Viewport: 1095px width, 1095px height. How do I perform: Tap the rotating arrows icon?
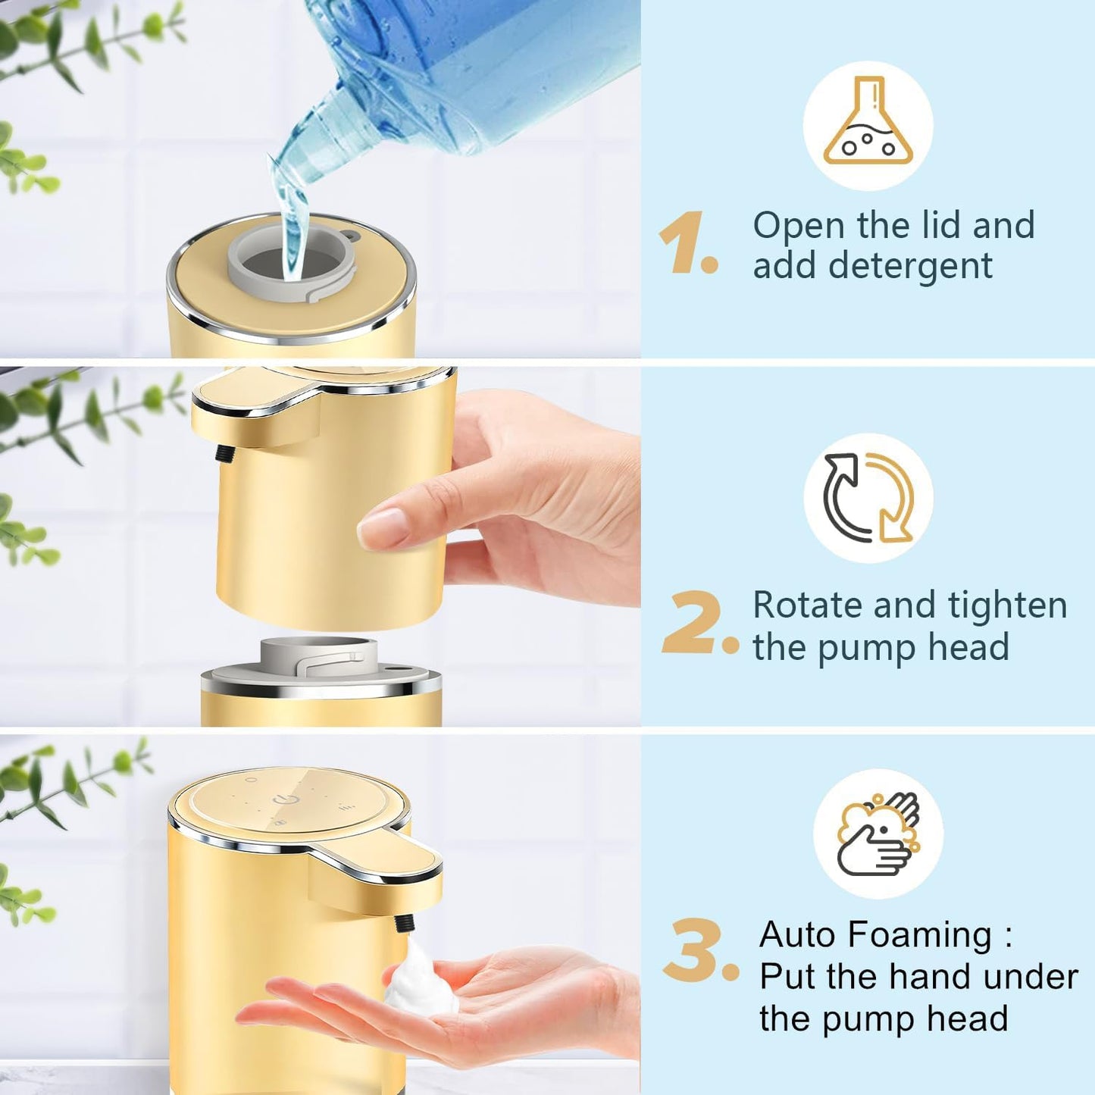(x=868, y=498)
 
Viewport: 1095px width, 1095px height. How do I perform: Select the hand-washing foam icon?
(x=878, y=834)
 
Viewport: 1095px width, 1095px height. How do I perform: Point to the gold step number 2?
(x=695, y=623)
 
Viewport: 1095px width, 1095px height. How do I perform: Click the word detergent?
(x=909, y=266)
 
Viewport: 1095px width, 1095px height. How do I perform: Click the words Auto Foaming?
(x=875, y=934)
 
